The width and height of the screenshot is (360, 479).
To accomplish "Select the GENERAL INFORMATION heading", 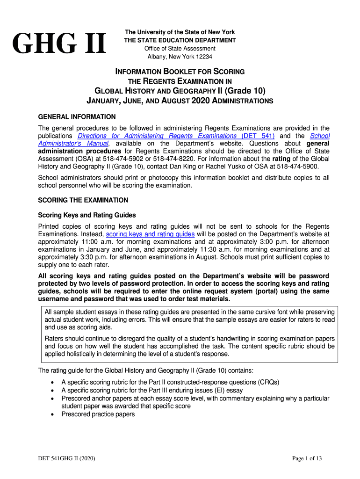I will coord(76,116).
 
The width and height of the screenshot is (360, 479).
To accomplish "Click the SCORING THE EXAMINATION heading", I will coord(83,200).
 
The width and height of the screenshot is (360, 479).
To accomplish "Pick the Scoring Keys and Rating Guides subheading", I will coord(86,215).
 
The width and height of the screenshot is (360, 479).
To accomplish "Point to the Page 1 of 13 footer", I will coord(307,458).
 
